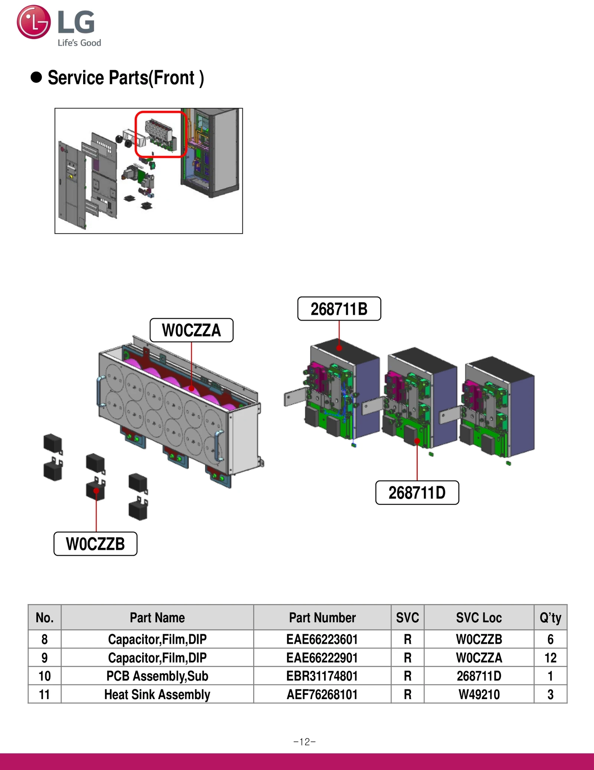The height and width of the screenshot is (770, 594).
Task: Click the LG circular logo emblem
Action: pyautogui.click(x=33, y=22)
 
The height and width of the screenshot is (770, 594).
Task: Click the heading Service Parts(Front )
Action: pyautogui.click(x=125, y=78)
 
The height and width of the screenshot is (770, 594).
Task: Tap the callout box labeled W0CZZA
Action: pyautogui.click(x=191, y=330)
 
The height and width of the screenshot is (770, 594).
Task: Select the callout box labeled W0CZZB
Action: pyautogui.click(x=95, y=544)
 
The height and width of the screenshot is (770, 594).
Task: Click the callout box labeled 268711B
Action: pyautogui.click(x=339, y=309)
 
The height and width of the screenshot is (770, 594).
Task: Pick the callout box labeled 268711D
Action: pyautogui.click(x=417, y=493)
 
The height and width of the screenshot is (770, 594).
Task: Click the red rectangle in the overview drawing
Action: pyautogui.click(x=160, y=134)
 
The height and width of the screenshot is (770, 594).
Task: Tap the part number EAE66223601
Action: pyautogui.click(x=322, y=639)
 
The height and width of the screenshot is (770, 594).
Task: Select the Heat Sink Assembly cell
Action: pyautogui.click(x=157, y=694)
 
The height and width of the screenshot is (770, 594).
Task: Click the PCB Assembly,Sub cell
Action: pyautogui.click(x=157, y=676)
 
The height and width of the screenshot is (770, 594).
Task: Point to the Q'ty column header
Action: pyautogui.click(x=550, y=618)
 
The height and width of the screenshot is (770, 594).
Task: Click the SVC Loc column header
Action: pyautogui.click(x=479, y=618)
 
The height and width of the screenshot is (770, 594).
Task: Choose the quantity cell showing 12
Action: pyautogui.click(x=550, y=658)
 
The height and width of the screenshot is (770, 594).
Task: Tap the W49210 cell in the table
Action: pyautogui.click(x=479, y=694)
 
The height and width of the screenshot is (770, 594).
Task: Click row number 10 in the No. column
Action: pyautogui.click(x=45, y=676)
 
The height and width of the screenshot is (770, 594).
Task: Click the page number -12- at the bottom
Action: pyautogui.click(x=304, y=742)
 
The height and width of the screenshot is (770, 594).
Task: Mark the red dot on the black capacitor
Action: pyautogui.click(x=96, y=491)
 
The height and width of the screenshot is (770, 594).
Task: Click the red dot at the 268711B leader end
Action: pyautogui.click(x=339, y=348)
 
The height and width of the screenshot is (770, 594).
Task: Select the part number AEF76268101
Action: pyautogui.click(x=322, y=694)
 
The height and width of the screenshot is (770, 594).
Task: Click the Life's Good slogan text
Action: pyautogui.click(x=79, y=43)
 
